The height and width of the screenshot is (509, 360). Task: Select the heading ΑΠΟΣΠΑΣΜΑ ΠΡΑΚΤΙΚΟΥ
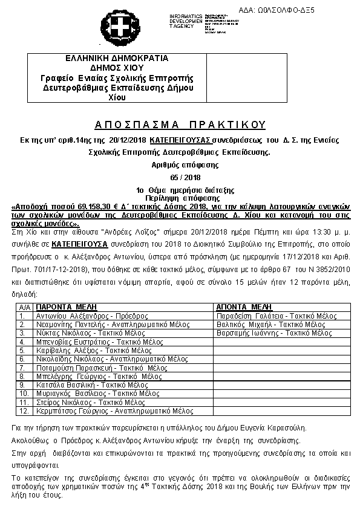pos(180,125)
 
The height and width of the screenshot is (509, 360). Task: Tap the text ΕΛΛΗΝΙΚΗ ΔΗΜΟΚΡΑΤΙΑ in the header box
pos(117,59)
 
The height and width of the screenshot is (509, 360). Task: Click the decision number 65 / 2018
pos(180,178)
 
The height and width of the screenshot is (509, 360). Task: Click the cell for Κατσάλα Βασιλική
pos(93,384)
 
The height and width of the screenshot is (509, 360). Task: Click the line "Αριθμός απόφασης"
pos(180,164)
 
